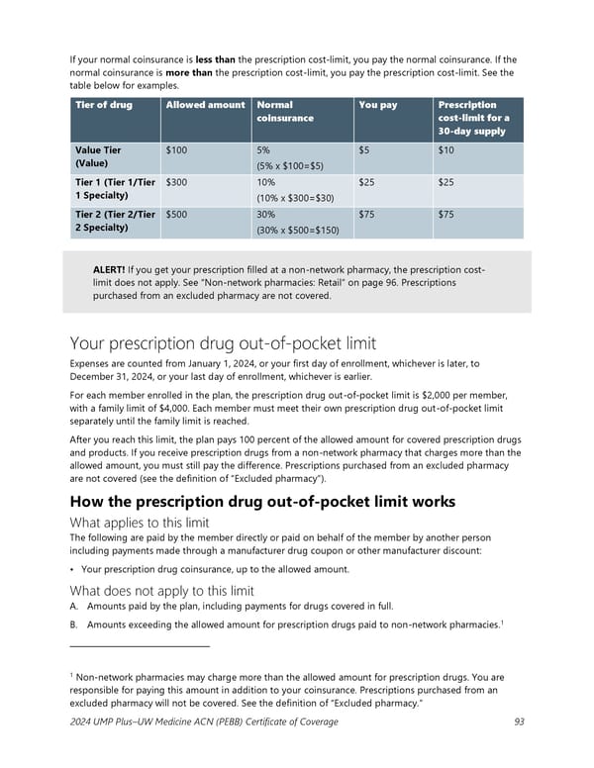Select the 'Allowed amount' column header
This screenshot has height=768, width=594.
pos(205,105)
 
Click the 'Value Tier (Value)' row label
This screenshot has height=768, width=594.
pos(99,156)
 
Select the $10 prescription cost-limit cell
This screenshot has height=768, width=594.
pos(446,149)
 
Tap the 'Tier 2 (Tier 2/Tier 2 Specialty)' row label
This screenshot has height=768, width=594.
pos(112,221)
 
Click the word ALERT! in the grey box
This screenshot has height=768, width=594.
pos(113,268)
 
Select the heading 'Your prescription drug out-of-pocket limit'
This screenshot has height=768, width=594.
pos(223,343)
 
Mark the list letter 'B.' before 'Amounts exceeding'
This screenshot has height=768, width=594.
pos(74,625)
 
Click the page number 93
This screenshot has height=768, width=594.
pos(519,721)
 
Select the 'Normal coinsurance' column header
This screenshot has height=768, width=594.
pos(286,111)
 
